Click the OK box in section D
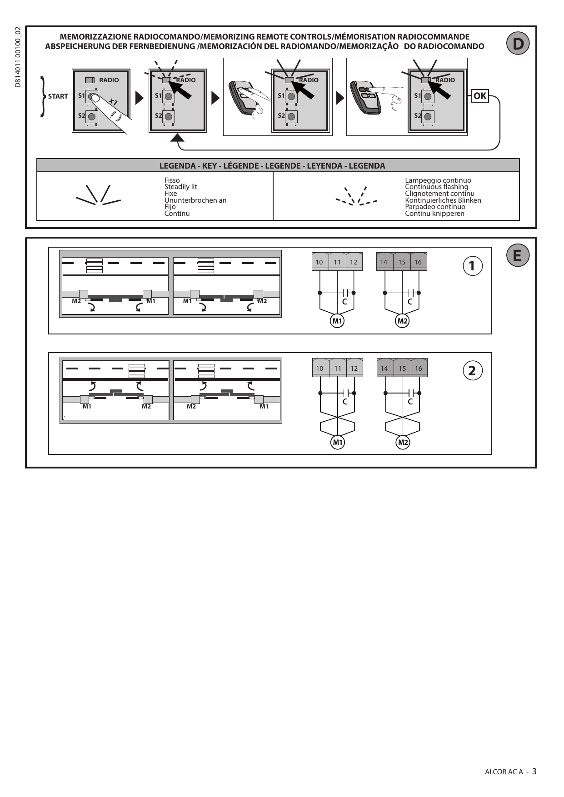pyautogui.click(x=480, y=96)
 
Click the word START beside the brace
pyautogui.click(x=58, y=96)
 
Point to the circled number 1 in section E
pyautogui.click(x=472, y=265)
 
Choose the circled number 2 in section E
pyautogui.click(x=472, y=371)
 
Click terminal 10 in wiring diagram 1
pyautogui.click(x=319, y=262)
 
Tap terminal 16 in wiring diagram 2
pyautogui.click(x=419, y=368)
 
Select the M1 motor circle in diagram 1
pyautogui.click(x=337, y=321)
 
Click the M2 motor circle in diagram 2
pyautogui.click(x=403, y=442)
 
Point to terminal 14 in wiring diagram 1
pyautogui.click(x=384, y=262)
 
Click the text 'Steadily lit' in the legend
pyautogui.click(x=181, y=187)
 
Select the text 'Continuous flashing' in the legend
pyautogui.click(x=436, y=187)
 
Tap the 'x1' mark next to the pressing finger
pyautogui.click(x=114, y=102)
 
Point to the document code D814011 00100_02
pyautogui.click(x=18, y=57)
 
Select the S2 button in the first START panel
pyautogui.click(x=91, y=116)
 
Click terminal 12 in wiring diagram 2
pyautogui.click(x=354, y=368)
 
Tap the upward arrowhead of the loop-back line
pyautogui.click(x=178, y=137)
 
